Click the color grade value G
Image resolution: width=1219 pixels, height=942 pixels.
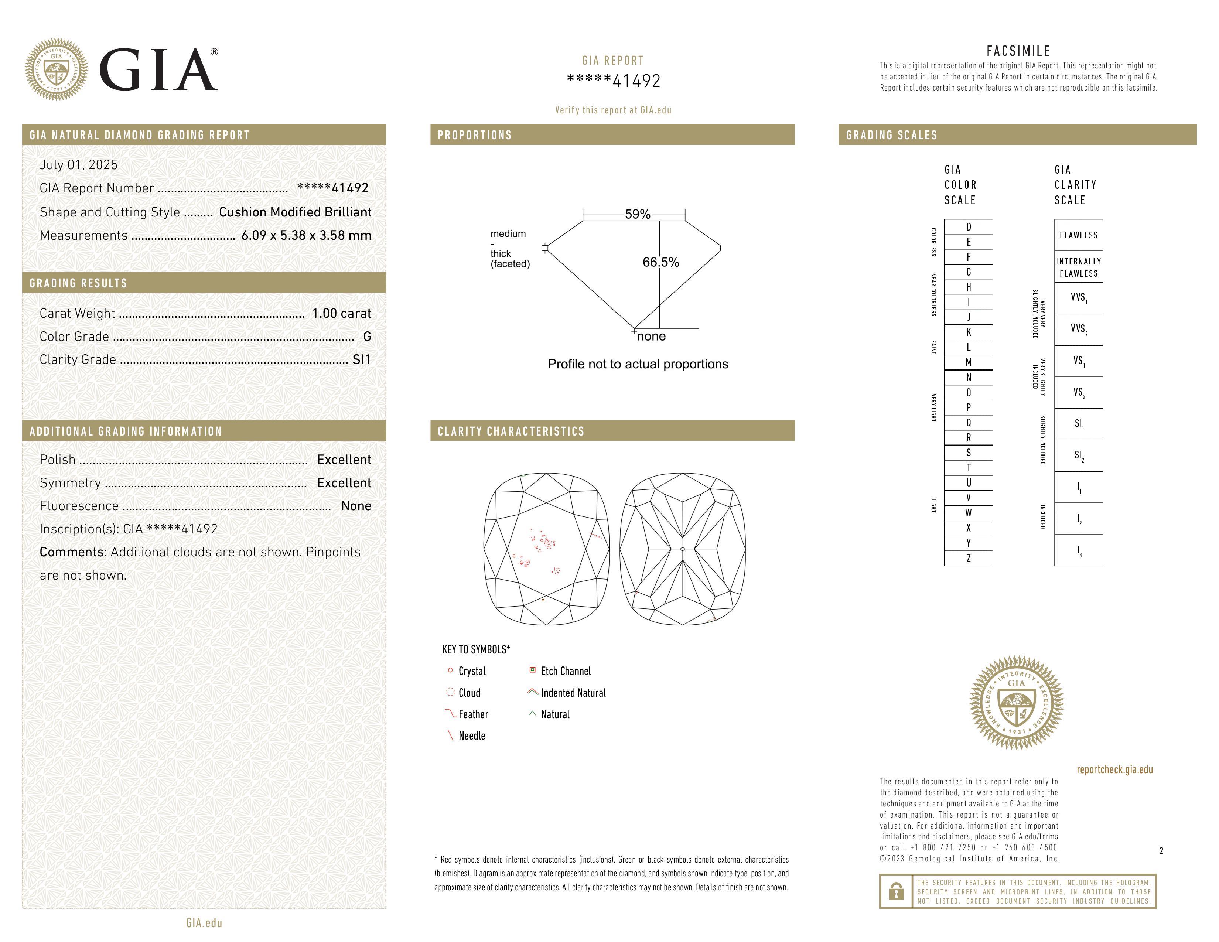(367, 337)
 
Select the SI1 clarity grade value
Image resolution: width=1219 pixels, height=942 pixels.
(361, 359)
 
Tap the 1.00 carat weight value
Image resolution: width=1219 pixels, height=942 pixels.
(341, 313)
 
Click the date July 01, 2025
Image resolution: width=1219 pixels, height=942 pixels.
(79, 165)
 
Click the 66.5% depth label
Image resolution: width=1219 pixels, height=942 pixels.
(660, 262)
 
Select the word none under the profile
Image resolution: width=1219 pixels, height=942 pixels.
(651, 336)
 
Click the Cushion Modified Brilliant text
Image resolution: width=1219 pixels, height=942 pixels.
(295, 212)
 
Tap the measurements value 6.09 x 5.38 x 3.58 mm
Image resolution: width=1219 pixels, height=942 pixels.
(306, 236)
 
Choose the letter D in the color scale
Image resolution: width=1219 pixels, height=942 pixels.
(969, 226)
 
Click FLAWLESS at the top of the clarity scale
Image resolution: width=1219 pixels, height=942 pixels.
(1078, 235)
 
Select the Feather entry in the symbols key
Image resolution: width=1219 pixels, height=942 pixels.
(473, 714)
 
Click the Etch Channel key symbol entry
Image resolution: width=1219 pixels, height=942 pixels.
(565, 671)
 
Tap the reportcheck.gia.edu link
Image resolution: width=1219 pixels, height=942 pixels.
(1114, 769)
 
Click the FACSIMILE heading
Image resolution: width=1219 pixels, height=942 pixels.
(1018, 51)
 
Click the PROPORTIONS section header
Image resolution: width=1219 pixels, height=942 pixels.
(474, 135)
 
